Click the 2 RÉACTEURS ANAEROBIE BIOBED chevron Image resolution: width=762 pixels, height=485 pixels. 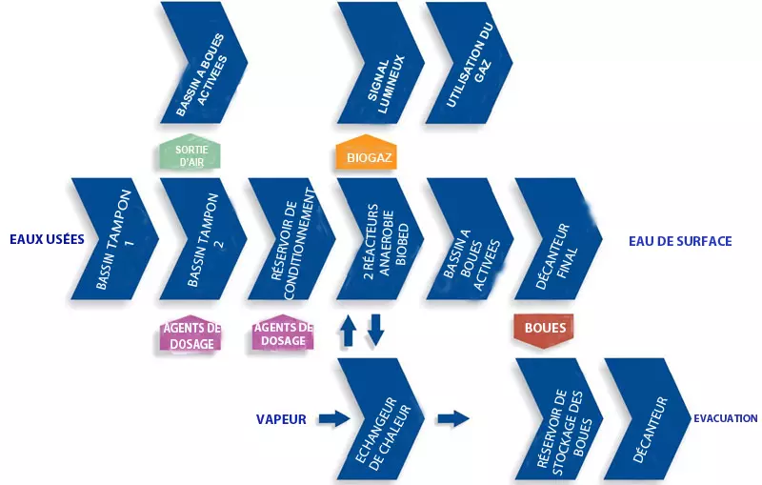379,239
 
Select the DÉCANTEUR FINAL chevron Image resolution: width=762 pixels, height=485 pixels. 556,239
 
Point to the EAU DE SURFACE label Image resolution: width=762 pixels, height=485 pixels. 680,241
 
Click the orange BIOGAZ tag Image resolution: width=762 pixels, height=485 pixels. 365,155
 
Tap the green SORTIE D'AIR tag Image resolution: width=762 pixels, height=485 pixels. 190,154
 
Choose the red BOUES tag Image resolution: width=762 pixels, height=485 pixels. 545,329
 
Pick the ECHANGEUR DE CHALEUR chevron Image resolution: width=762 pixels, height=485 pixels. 379,419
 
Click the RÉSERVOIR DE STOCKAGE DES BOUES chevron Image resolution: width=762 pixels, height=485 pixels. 556,419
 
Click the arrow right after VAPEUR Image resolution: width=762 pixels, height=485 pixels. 331,417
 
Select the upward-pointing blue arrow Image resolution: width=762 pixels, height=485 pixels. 349,330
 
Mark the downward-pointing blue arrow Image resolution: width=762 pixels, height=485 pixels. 375,330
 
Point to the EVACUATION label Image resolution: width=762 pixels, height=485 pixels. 725,417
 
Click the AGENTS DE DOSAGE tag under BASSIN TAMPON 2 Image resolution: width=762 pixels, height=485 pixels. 190,335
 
